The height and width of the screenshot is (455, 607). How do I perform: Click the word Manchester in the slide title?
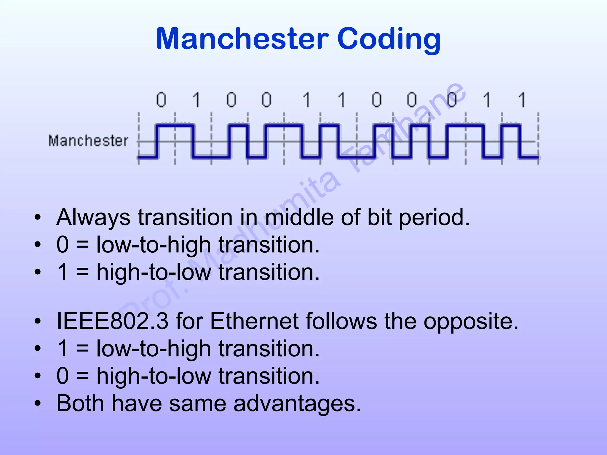242,39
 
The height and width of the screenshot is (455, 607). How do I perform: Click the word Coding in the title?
389,39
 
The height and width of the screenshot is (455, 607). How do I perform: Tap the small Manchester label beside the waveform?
88,140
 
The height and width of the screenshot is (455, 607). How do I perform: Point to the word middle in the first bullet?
299,217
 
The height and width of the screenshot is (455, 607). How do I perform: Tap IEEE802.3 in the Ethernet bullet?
113,321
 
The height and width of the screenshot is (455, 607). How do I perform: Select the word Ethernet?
254,321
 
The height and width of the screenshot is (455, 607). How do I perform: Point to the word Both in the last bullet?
80,403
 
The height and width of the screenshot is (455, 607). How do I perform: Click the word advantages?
297,404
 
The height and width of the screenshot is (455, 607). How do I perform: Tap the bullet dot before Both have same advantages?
37,403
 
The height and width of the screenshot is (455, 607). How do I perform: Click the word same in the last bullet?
197,404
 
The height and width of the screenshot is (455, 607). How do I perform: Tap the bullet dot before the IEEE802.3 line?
37,321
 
